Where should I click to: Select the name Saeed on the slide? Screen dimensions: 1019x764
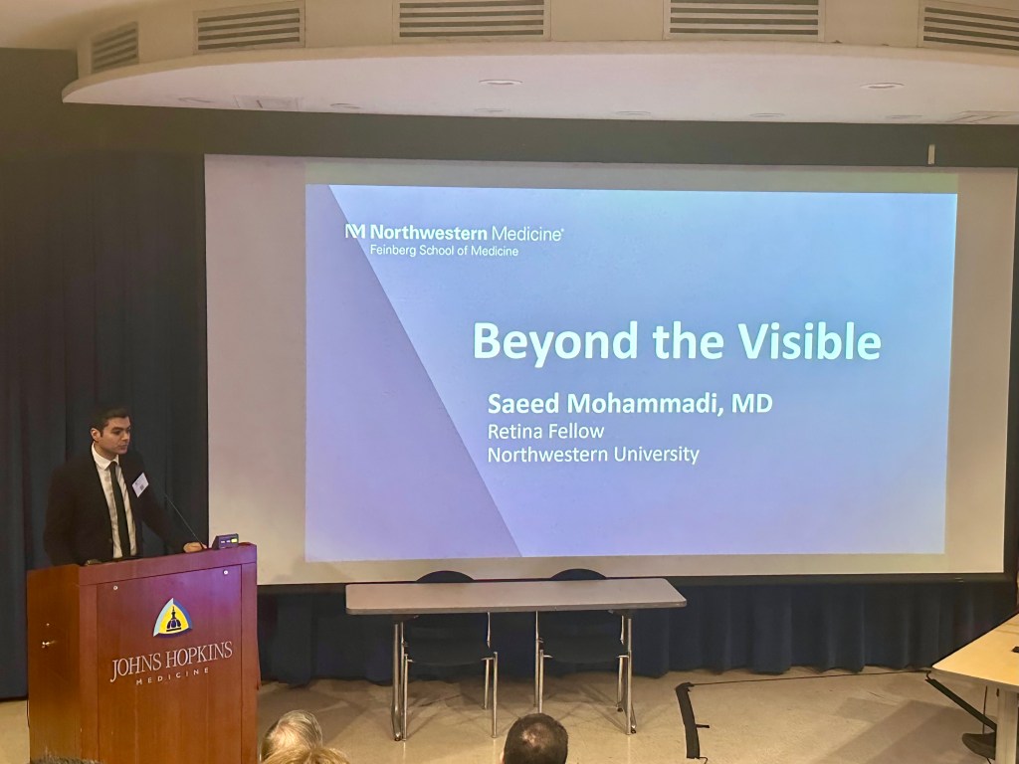(x=523, y=403)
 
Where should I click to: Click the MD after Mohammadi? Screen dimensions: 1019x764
(x=752, y=403)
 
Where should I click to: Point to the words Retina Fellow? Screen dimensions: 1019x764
(x=546, y=431)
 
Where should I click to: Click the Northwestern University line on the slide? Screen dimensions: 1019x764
(x=593, y=454)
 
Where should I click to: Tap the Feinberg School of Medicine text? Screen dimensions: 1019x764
(x=445, y=251)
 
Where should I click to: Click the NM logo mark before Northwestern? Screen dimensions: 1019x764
(x=355, y=231)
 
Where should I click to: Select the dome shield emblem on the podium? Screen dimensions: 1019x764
(x=171, y=618)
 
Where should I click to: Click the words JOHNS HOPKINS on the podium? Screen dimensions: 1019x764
(x=171, y=660)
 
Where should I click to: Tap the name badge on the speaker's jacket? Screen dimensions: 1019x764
(x=140, y=484)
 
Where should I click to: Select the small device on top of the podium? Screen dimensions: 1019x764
(x=225, y=540)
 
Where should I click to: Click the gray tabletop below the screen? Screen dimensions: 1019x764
(x=514, y=595)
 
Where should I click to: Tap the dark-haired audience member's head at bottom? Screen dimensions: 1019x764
(x=534, y=739)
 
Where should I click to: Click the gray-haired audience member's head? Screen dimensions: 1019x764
(x=293, y=733)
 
